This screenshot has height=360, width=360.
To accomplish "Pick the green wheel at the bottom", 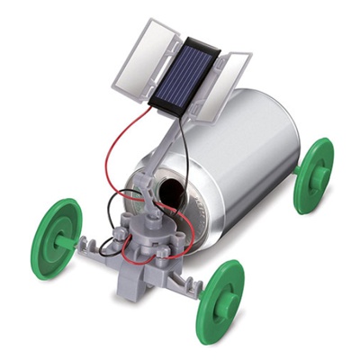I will coord(220,295).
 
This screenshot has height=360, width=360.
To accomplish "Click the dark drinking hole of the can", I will coord(168,191).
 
